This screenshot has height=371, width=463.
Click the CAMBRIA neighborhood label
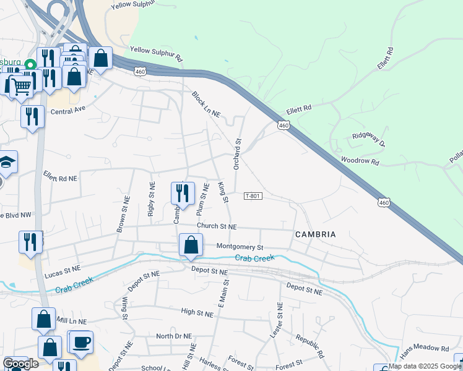pos(316,234)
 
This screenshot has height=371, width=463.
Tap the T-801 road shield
pos(253,196)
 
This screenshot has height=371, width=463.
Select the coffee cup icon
pos(80,342)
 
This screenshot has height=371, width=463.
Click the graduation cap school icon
pos(7,162)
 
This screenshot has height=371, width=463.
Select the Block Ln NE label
pos(206,106)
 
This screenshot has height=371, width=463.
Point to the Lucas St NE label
pos(63,270)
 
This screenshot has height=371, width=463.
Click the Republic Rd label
pos(309,347)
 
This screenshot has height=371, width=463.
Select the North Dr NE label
pos(175,336)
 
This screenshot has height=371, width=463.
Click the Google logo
pos(20,364)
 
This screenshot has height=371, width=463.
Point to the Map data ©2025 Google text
pos(425,366)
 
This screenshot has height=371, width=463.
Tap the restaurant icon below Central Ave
pos(32,116)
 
